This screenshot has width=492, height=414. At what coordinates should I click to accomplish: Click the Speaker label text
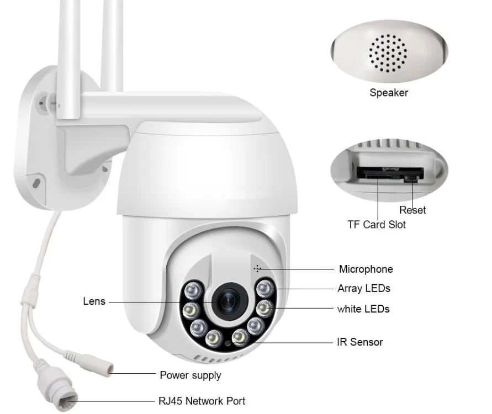click(x=389, y=93)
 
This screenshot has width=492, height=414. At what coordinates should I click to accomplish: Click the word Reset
click(x=412, y=210)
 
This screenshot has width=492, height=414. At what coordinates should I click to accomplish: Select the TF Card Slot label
click(x=377, y=225)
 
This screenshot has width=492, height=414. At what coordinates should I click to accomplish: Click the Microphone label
click(x=366, y=269)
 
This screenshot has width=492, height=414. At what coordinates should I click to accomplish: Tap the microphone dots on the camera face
click(x=257, y=268)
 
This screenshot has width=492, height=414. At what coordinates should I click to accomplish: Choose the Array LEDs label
click(x=364, y=289)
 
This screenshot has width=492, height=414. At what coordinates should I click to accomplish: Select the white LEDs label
click(x=363, y=309)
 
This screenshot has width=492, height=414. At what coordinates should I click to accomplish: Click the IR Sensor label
click(x=360, y=342)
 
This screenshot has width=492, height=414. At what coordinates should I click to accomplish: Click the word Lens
click(x=94, y=301)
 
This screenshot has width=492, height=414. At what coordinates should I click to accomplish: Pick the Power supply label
click(x=191, y=375)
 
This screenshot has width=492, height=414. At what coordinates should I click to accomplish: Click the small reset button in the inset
click(x=410, y=179)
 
